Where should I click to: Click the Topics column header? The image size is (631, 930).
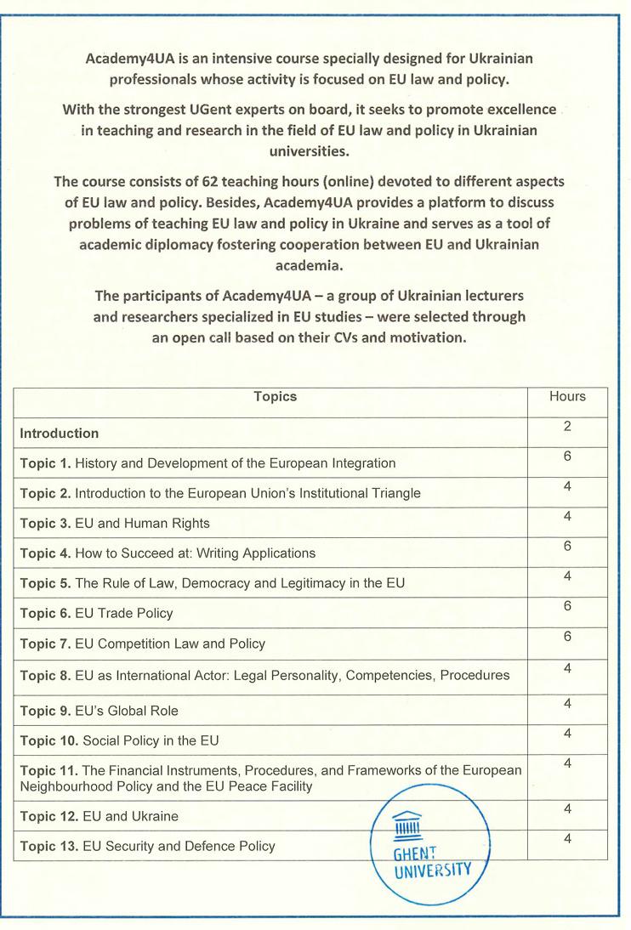[x=275, y=397]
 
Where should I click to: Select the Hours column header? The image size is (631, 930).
[x=567, y=397]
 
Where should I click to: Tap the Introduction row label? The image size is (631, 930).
[x=60, y=434]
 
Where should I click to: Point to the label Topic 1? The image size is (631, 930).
[x=45, y=463]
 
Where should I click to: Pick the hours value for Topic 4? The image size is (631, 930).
[x=567, y=547]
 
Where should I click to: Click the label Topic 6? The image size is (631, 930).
[x=45, y=613]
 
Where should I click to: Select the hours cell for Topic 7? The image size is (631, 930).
[x=567, y=637]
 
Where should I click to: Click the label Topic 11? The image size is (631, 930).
[x=48, y=768]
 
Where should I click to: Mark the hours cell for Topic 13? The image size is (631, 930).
[x=567, y=840]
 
